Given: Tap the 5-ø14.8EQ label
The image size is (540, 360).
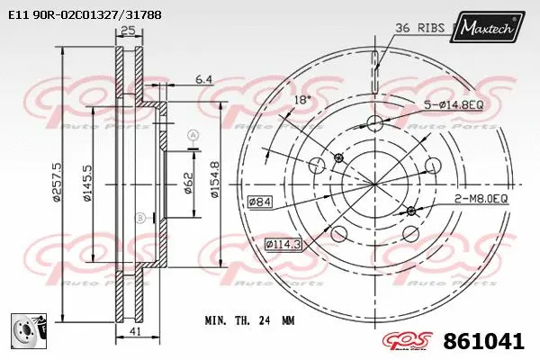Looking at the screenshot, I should pos(455,105).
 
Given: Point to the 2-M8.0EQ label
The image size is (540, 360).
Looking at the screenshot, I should pos(480,198).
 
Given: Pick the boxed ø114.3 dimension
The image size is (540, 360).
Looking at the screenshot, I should pos(284,243).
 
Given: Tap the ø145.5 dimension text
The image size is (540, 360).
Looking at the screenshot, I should pos(87,184).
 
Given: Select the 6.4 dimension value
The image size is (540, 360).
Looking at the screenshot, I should pos(203,80).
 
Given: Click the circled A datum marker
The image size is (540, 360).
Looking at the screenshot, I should pos(192,135).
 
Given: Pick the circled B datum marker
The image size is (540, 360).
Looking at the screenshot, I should pos(139,218).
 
